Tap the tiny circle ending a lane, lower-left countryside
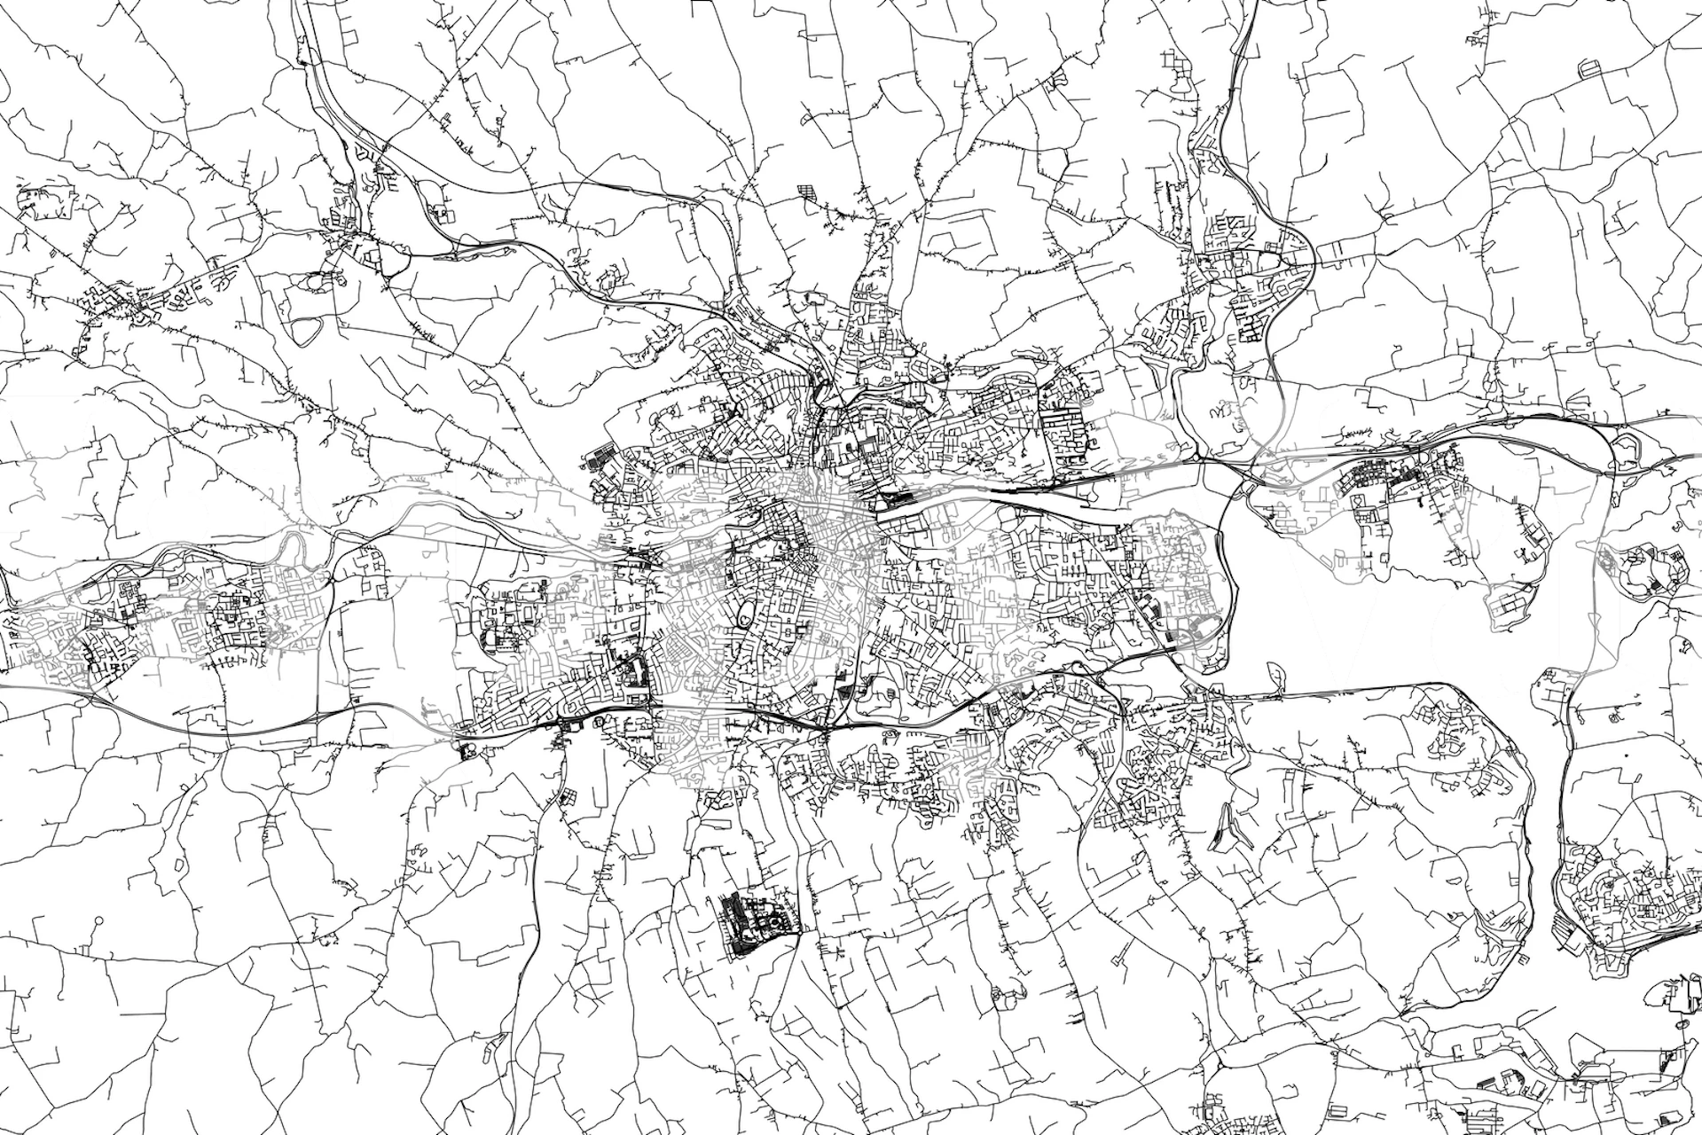pyautogui.click(x=95, y=922)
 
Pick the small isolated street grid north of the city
pyautogui.click(x=804, y=191)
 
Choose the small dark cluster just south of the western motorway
pyautogui.click(x=467, y=751)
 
